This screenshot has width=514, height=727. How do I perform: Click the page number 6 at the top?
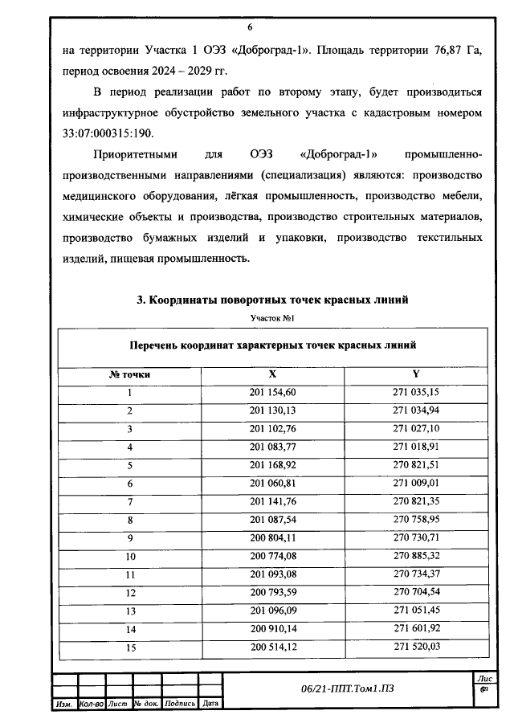tap(272, 27)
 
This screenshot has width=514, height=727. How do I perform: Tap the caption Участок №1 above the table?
tap(273, 318)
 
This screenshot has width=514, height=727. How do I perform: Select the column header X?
tap(273, 374)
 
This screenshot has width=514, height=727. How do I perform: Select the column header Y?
tap(415, 374)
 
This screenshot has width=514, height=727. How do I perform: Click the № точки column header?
tap(129, 374)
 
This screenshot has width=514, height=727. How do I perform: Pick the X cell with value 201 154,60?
tap(273, 392)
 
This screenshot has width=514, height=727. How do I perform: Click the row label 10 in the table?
tap(129, 556)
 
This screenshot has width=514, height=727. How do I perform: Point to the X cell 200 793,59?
tap(273, 592)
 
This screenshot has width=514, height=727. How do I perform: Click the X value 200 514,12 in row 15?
tap(273, 647)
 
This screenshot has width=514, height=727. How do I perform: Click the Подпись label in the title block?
tap(180, 704)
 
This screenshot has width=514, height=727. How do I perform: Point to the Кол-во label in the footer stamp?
tap(91, 704)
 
